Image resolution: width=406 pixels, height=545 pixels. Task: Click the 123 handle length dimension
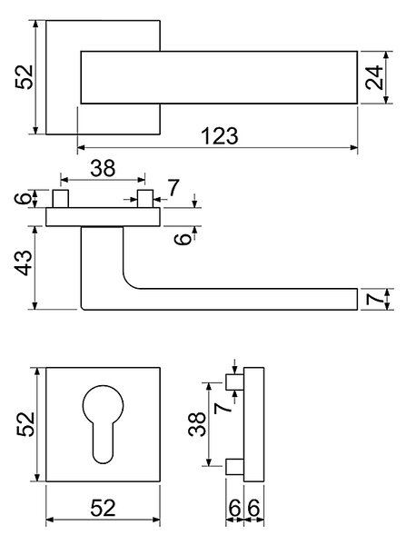tap(220, 135)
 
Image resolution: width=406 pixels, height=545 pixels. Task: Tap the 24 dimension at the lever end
tap(374, 77)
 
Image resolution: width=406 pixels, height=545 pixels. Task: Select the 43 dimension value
tap(25, 263)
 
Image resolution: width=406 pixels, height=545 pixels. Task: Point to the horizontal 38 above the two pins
tap(103, 168)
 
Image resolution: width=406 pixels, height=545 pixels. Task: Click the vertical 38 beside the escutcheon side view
tap(197, 423)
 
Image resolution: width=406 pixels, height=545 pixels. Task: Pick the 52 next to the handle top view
tap(25, 77)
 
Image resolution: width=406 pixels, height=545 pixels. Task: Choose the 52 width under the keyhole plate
tap(103, 508)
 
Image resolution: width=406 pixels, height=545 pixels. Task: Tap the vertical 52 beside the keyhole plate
tap(25, 424)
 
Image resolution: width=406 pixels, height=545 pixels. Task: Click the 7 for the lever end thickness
tap(375, 299)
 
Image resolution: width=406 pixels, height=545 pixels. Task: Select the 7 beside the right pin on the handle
tap(173, 188)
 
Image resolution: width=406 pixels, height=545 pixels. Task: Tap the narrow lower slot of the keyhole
tap(103, 442)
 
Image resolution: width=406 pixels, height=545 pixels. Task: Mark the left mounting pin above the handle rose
tap(61, 198)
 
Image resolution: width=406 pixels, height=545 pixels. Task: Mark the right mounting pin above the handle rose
tap(145, 198)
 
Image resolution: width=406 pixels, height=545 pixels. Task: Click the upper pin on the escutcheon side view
tap(235, 382)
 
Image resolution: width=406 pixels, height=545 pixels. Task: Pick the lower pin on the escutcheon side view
tap(235, 467)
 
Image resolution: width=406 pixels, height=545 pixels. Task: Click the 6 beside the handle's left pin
tap(23, 198)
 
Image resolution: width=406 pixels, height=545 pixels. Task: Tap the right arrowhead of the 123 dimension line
tap(354, 148)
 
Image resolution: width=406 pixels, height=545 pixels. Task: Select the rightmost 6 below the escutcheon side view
tap(253, 508)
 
